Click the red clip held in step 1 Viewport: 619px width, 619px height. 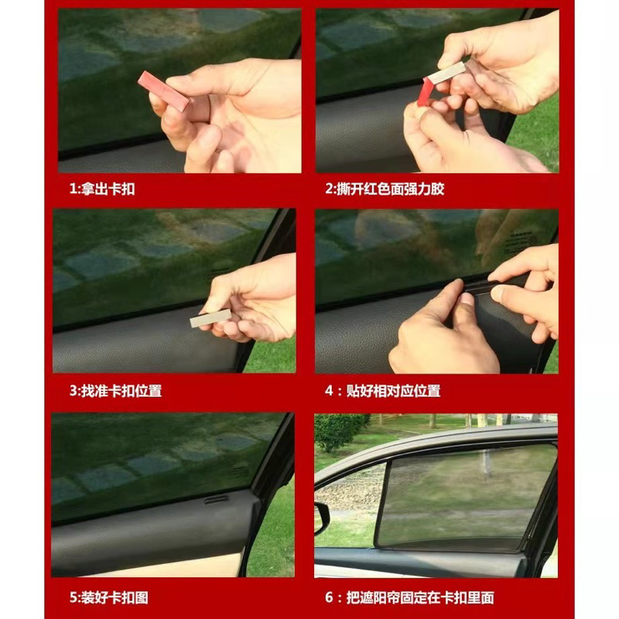click(163, 91)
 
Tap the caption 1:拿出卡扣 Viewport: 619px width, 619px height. click(102, 189)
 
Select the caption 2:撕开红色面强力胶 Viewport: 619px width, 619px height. click(385, 189)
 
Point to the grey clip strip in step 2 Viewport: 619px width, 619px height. click(446, 73)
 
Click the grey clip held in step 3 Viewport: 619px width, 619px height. click(210, 318)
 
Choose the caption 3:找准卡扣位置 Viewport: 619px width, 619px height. click(115, 391)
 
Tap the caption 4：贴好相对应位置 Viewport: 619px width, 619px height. click(382, 391)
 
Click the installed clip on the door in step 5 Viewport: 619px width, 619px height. click(217, 500)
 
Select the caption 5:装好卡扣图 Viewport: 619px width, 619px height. click(109, 597)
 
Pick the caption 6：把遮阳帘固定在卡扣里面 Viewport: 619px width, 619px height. click(409, 597)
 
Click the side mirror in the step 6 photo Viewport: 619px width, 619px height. click(322, 518)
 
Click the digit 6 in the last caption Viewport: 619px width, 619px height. click(329, 597)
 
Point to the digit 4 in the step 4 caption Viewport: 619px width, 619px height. click(330, 392)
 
